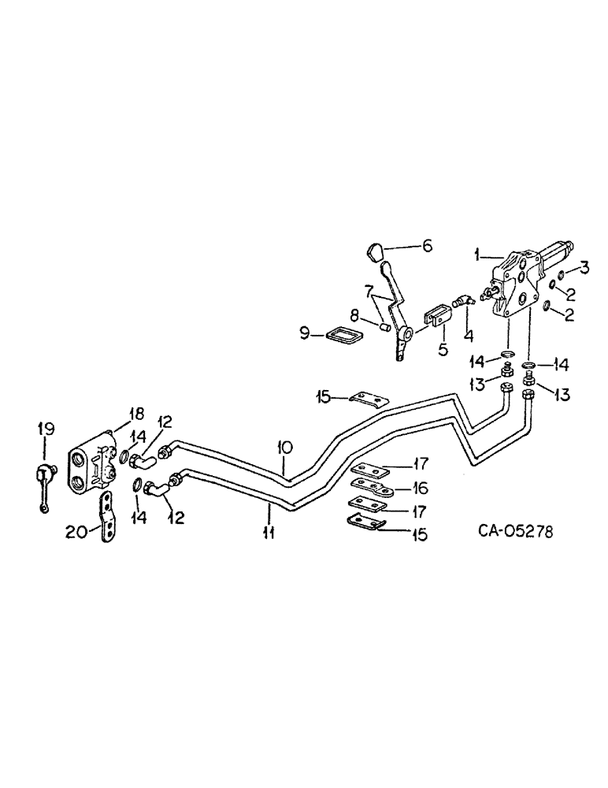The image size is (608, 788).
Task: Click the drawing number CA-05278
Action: point(515,532)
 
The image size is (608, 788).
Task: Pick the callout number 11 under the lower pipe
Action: point(269,533)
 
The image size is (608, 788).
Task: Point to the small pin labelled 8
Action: point(385,325)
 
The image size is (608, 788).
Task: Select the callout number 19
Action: point(46,429)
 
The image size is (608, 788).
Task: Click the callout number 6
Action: point(427,247)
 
